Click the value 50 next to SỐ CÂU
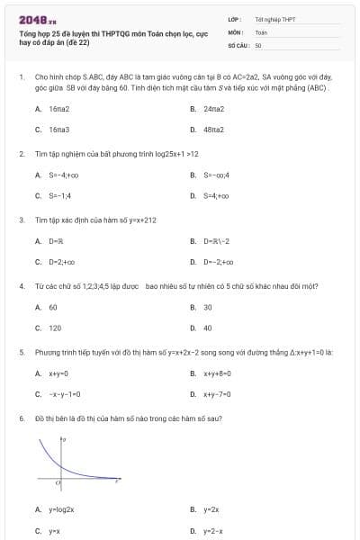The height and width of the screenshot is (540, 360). tap(258, 44)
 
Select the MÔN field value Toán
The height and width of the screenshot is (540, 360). tap(261, 31)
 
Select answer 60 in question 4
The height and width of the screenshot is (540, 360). tap(53, 307)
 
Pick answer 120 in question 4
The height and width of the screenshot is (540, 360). tap(55, 328)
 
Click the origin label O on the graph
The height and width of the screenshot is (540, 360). tap(58, 484)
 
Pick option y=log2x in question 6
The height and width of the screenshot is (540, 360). tap(61, 509)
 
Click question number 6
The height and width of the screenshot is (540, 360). tap(22, 418)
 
